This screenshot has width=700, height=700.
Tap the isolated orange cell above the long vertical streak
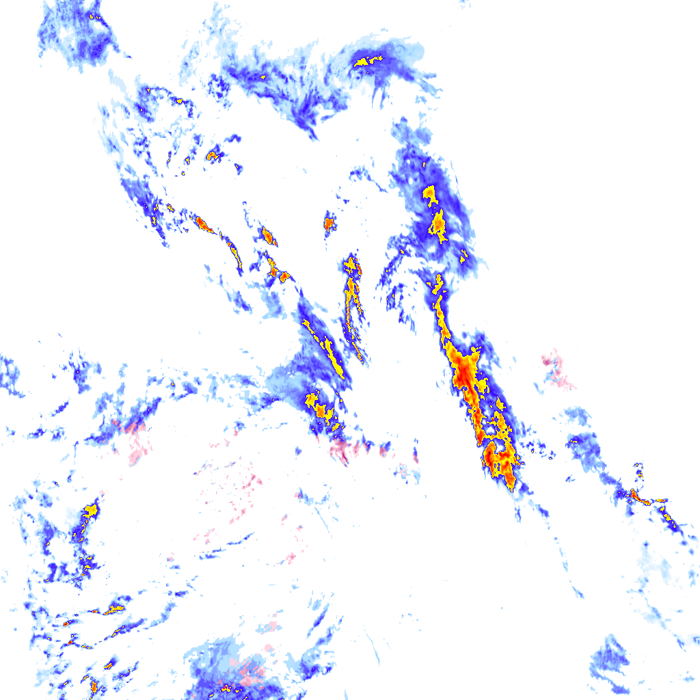(330, 224)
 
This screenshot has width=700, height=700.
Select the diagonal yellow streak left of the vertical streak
(325, 345)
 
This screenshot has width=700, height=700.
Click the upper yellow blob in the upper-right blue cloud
(430, 194)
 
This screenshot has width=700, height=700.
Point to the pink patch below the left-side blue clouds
(137, 444)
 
